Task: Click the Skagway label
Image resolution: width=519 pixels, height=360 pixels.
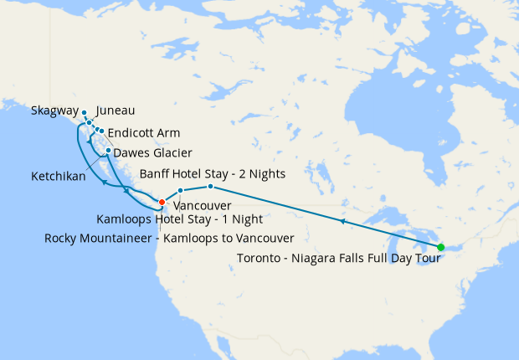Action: (54, 111)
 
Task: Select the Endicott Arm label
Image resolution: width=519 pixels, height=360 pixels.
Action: (143, 133)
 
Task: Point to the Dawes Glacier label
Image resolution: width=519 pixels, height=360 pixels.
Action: (152, 153)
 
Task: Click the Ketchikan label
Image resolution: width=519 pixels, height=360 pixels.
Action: (59, 177)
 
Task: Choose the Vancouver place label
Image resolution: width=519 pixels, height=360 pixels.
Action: (203, 205)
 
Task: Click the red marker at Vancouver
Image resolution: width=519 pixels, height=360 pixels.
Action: (162, 201)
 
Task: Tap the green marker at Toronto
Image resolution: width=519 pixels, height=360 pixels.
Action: (441, 247)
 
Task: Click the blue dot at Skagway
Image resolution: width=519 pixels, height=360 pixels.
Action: (85, 112)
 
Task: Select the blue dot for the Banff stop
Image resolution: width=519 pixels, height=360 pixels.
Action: (210, 186)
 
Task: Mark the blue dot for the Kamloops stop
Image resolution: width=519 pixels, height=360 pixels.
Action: (180, 192)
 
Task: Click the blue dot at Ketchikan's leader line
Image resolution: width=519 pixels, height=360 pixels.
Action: (108, 151)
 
